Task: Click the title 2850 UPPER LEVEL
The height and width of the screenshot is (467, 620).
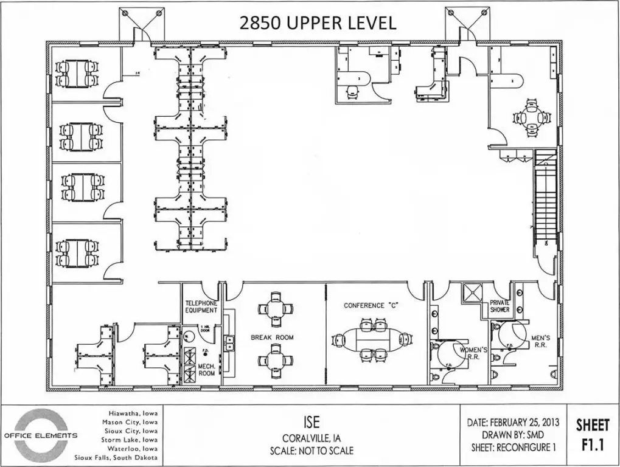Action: tap(318, 22)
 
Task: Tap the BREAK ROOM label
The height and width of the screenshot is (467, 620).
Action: tap(273, 337)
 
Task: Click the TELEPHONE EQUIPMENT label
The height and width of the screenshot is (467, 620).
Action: tap(201, 306)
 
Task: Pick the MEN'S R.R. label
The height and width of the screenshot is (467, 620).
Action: tap(540, 341)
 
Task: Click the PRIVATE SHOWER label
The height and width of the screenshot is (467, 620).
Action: tap(500, 306)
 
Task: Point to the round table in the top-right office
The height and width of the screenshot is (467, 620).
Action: tap(532, 118)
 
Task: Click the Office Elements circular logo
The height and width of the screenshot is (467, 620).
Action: tap(41, 434)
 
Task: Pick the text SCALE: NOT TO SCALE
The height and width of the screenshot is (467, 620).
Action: tap(311, 451)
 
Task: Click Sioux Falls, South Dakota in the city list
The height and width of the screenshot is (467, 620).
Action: tap(116, 457)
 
